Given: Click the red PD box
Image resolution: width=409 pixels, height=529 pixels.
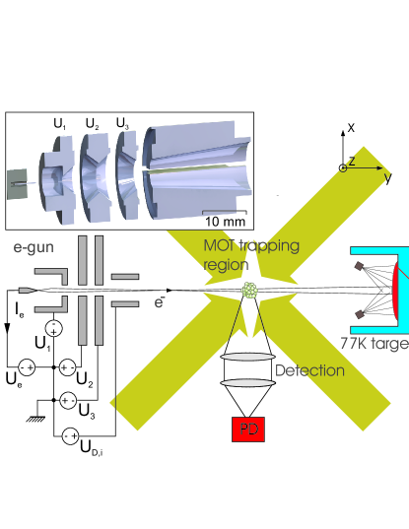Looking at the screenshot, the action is [248, 430].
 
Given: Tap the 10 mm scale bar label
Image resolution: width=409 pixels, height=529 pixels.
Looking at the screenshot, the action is [225, 222].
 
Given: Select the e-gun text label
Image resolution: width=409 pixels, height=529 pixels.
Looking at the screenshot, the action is [34, 247].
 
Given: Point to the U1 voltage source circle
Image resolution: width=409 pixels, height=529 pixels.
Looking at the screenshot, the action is [53, 328].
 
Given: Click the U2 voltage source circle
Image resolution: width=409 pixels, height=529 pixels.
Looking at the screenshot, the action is [67, 367].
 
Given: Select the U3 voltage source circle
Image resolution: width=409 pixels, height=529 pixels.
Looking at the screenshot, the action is [68, 401].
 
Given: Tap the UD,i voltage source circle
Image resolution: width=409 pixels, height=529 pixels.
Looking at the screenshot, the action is [71, 435].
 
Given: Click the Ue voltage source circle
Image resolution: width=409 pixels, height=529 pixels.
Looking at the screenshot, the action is [27, 367].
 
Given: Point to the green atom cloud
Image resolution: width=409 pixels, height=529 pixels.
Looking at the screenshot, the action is [249, 291].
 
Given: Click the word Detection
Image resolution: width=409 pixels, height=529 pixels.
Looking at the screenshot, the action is [309, 370].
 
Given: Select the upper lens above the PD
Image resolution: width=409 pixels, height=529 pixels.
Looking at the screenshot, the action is [248, 357].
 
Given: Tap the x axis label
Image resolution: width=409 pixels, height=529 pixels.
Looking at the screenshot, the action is [351, 127].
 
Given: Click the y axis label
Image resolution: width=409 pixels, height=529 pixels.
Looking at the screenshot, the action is [388, 177].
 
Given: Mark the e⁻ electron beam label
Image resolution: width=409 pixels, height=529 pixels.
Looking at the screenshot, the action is [159, 302].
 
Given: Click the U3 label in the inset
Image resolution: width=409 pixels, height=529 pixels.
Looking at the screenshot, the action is [122, 123].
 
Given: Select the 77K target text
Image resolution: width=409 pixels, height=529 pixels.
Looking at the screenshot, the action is [375, 344].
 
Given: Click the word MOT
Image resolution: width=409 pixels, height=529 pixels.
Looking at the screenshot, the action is [220, 245].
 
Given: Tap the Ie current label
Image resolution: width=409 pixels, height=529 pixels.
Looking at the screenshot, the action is [20, 310].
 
